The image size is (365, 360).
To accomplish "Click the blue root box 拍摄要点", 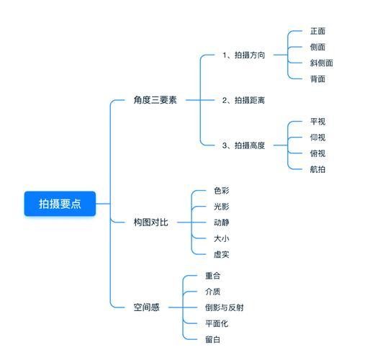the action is click(60, 204).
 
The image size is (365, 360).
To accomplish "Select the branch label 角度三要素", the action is click(155, 100).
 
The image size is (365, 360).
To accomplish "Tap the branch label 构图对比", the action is click(150, 222).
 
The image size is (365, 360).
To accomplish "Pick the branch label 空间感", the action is click(146, 307).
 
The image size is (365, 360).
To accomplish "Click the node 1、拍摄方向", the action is click(243, 55).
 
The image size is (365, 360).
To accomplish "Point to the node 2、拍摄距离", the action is click(243, 100).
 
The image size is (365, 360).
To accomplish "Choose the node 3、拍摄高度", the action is click(243, 145).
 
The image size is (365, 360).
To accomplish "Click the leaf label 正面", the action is click(317, 31).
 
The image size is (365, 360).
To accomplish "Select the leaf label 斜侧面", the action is click(321, 63).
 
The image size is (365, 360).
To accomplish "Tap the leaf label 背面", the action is click(317, 78).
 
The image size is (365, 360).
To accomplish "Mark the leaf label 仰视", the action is click(317, 138).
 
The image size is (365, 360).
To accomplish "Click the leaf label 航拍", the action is click(317, 169).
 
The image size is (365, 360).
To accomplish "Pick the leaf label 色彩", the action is click(221, 191).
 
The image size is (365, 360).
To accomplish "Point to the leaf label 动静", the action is click(221, 222).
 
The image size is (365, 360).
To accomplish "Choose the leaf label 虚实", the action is click(221, 254).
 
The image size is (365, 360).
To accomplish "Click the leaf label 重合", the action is click(212, 276).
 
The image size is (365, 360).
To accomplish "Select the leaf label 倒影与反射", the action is click(225, 307).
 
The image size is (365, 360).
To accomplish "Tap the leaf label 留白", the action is click(212, 339).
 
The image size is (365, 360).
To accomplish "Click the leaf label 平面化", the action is click(217, 323).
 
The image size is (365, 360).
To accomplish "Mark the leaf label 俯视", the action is click(317, 153).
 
